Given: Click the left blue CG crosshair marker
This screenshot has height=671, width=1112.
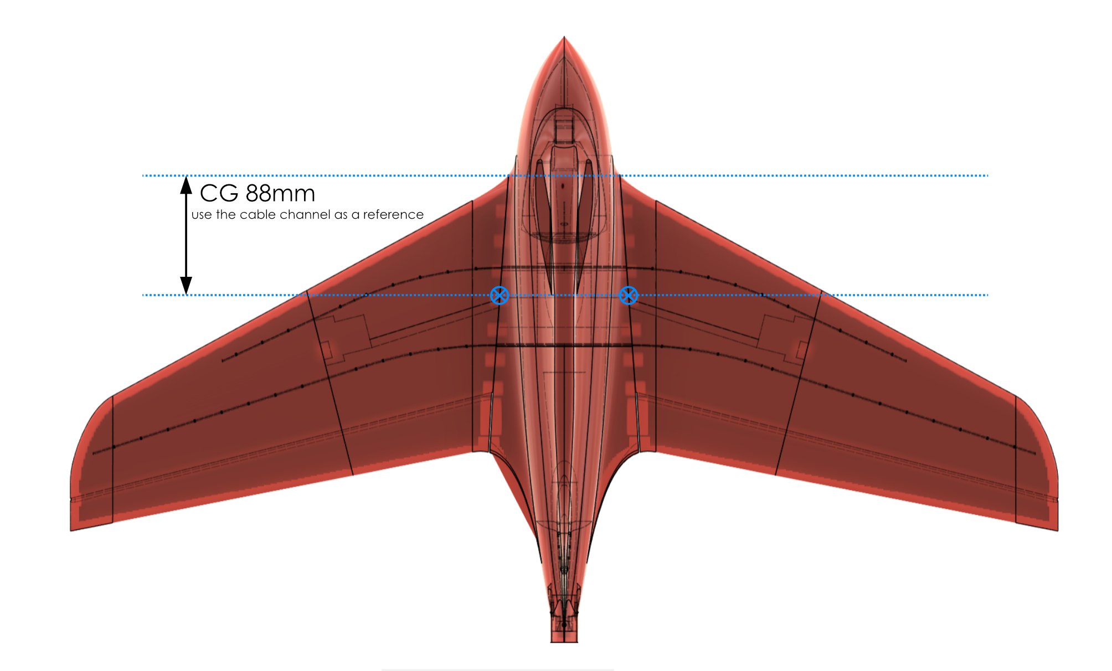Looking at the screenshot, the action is coord(500,295).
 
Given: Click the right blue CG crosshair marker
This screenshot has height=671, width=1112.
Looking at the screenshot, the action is coord(628,295).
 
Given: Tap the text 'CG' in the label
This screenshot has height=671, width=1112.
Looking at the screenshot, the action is coord(219,194).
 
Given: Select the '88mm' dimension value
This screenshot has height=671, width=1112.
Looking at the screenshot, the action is coord(280,194).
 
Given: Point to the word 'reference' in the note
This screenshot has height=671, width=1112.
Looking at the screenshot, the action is coord(393,214).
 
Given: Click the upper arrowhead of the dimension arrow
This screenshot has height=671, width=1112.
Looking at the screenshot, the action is coord(187,184).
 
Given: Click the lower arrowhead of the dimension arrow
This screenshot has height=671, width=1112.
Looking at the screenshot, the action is coord(187,286).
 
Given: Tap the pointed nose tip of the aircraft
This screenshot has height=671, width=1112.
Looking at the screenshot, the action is coord(564,38).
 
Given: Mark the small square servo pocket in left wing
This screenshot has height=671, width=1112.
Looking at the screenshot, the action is coord(325,350).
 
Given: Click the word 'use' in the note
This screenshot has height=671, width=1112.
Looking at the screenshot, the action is coord(202,215).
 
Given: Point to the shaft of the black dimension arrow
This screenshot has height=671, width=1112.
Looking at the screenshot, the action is coord(187,235).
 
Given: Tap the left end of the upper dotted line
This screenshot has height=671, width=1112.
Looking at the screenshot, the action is coord(143,176).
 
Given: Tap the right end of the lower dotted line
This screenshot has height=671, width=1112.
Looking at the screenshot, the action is coord(987,295).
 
